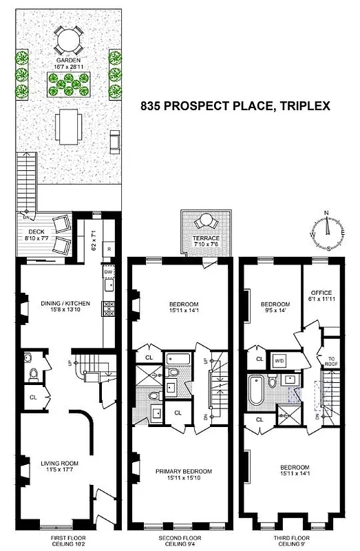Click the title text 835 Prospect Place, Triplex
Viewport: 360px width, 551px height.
pyautogui.click(x=235, y=107)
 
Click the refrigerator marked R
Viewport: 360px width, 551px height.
pyautogui.click(x=109, y=249)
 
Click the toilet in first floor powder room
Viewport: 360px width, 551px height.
pyautogui.click(x=32, y=374)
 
